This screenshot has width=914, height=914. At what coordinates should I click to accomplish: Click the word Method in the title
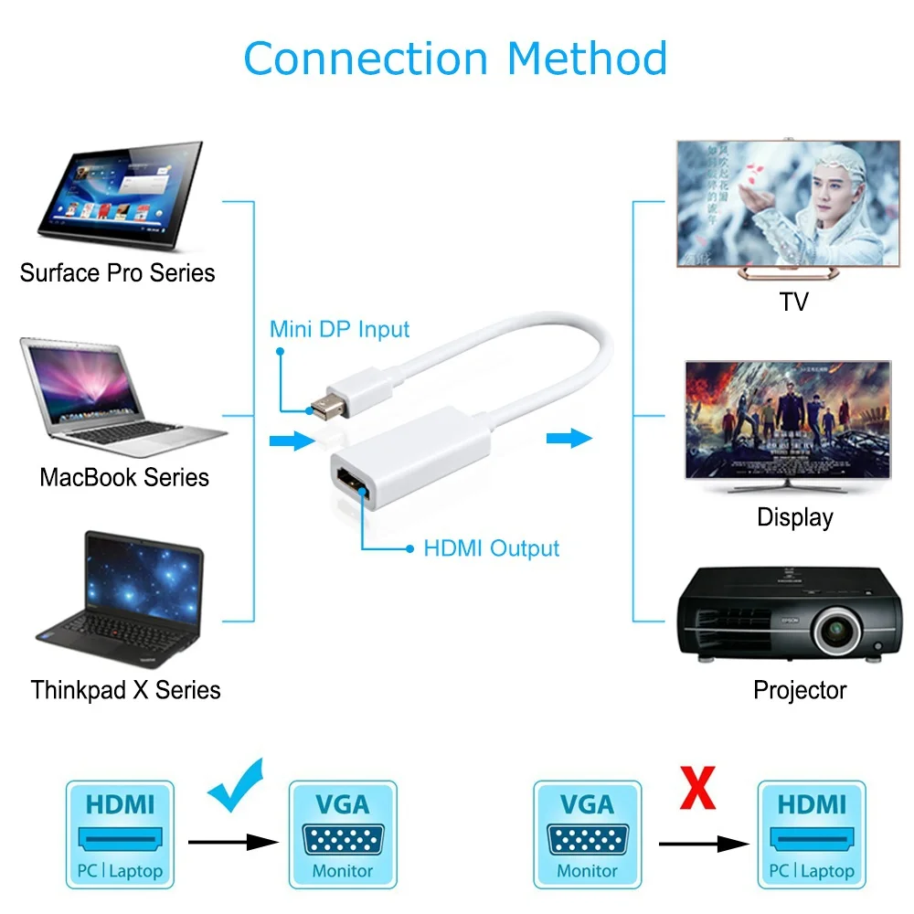(x=587, y=58)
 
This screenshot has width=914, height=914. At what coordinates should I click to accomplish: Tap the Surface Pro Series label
(x=117, y=272)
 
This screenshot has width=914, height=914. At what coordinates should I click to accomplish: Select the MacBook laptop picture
(x=123, y=397)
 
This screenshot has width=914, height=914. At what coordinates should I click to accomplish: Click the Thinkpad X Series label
(x=125, y=690)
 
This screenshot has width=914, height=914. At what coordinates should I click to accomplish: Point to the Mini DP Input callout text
(x=339, y=329)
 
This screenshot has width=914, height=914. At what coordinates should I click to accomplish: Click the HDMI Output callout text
(x=492, y=548)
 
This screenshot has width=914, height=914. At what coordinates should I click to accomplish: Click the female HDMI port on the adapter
(x=352, y=483)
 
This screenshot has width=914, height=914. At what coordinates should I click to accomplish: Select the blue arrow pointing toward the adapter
(x=292, y=441)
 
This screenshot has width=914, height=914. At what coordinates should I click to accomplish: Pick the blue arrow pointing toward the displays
(x=569, y=438)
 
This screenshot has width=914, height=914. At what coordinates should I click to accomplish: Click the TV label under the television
(x=794, y=302)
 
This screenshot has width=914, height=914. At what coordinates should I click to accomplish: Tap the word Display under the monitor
(x=795, y=517)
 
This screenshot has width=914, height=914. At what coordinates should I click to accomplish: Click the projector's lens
(x=837, y=630)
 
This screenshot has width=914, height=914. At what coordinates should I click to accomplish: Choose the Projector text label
(x=800, y=690)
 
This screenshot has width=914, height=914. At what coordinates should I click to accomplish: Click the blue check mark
(x=236, y=785)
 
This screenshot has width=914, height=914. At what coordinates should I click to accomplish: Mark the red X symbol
(x=697, y=788)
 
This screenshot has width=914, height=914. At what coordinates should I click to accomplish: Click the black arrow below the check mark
(x=233, y=843)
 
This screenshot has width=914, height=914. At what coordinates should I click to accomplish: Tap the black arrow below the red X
(x=704, y=844)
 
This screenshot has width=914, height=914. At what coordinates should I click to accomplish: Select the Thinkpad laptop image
(x=120, y=599)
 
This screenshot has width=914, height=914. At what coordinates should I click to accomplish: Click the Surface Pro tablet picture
(x=121, y=196)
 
